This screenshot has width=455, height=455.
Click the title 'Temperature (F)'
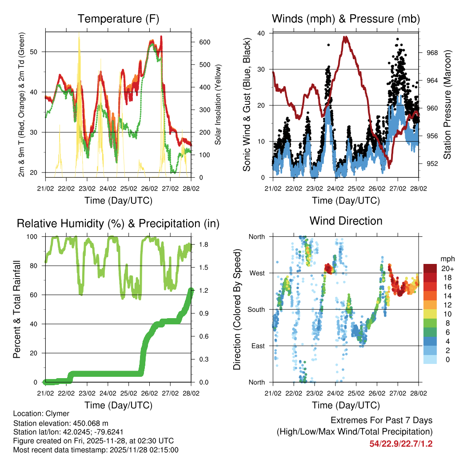coord(118,19)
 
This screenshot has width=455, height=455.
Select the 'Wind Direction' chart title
coord(346,220)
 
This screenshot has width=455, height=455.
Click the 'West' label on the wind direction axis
coord(256,273)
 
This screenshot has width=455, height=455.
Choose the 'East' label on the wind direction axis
coord(257,346)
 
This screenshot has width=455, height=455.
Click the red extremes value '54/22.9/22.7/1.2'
coord(401,443)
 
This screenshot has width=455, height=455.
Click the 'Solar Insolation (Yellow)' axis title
coord(218,105)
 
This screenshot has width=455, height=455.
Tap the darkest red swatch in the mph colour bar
coord(430,268)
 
